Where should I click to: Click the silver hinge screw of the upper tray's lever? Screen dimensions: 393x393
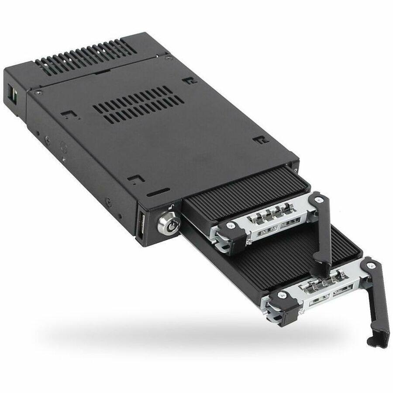coord(316,200)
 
